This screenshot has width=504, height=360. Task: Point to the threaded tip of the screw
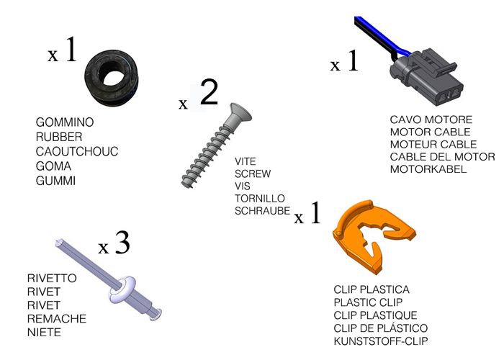[186, 183]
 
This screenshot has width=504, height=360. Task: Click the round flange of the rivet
[123, 289]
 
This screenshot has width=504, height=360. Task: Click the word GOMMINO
[65, 122]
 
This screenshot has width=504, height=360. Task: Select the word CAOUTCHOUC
[77, 152]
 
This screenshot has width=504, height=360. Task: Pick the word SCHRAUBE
[262, 211]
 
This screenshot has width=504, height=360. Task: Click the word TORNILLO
[260, 198]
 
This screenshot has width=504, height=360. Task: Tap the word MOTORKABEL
[428, 169]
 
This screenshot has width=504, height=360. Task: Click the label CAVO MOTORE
[431, 120]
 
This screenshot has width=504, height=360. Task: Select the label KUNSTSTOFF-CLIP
[381, 341]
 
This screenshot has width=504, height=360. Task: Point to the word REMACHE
[57, 319]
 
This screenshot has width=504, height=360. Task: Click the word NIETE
[44, 333]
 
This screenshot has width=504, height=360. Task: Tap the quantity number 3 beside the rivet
[122, 243]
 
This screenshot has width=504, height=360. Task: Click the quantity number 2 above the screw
[209, 92]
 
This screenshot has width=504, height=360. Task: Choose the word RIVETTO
[52, 279]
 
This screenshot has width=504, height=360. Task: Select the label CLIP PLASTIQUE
[375, 315]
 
